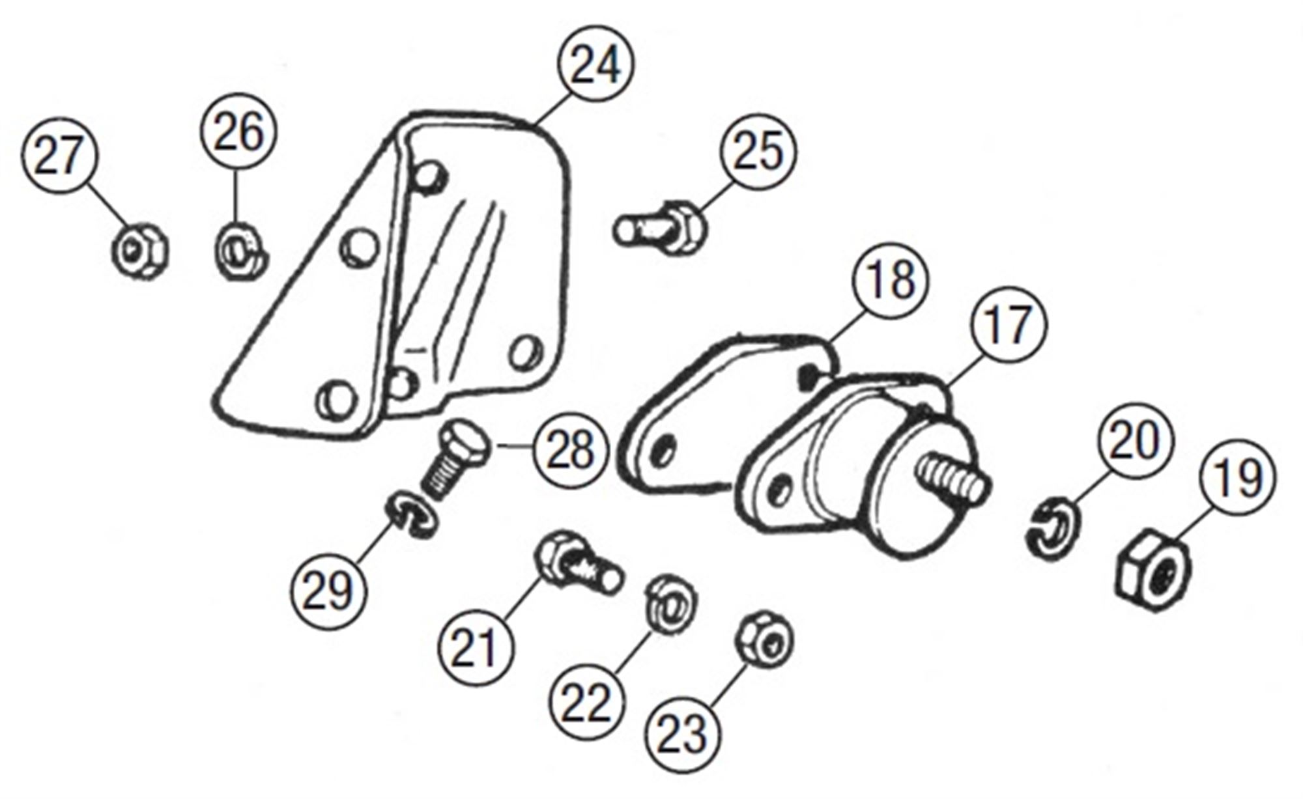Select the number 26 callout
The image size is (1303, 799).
pos(238,132)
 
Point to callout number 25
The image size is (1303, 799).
pos(758,152)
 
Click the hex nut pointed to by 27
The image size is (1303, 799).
pos(139,251)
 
